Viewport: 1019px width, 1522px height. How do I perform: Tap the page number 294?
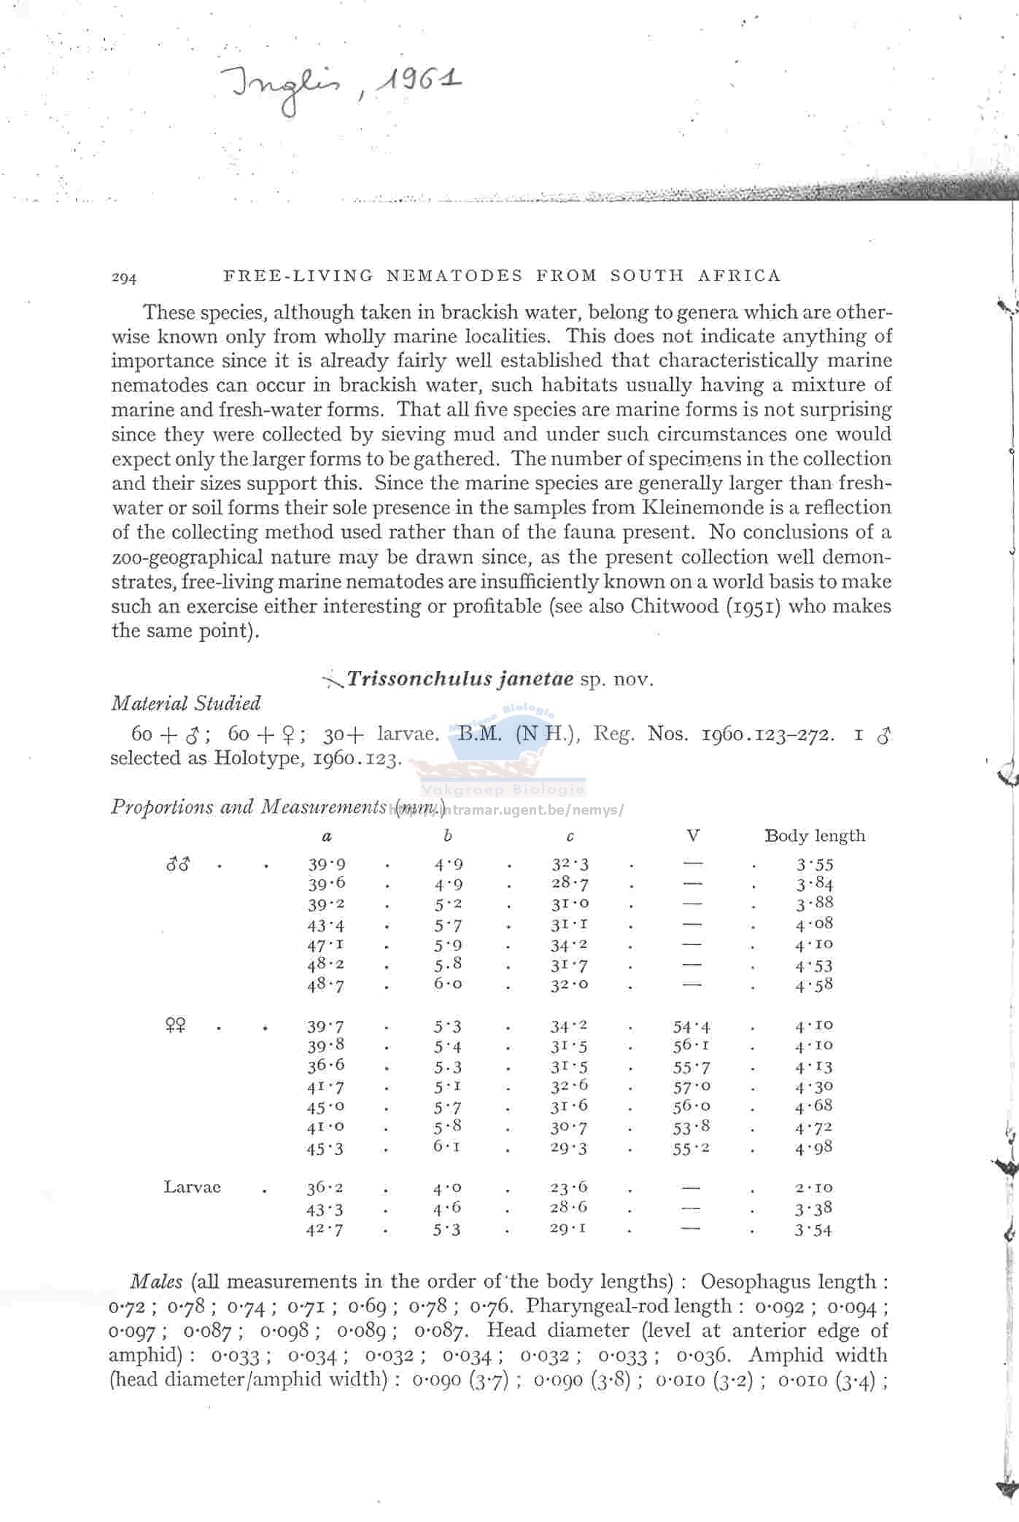click(124, 277)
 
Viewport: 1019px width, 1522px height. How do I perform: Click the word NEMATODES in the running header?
click(454, 276)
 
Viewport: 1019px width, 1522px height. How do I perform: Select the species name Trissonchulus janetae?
click(460, 679)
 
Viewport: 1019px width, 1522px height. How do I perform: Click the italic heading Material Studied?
click(185, 703)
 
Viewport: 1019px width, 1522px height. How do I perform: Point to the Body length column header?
click(814, 836)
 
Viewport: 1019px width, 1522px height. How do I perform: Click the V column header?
click(692, 836)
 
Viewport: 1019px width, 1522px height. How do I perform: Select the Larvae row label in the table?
click(192, 1187)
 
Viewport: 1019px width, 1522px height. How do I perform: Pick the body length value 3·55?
click(814, 865)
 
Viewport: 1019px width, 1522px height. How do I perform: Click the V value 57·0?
click(691, 1087)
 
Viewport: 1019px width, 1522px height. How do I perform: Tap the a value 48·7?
click(325, 985)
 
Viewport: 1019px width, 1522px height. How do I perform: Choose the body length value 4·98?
click(814, 1149)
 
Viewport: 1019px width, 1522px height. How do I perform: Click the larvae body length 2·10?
click(814, 1188)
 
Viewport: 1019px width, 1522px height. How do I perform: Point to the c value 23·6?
click(569, 1187)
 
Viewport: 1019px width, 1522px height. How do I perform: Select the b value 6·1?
click(447, 1147)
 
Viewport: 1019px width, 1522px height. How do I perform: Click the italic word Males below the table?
click(156, 1281)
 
